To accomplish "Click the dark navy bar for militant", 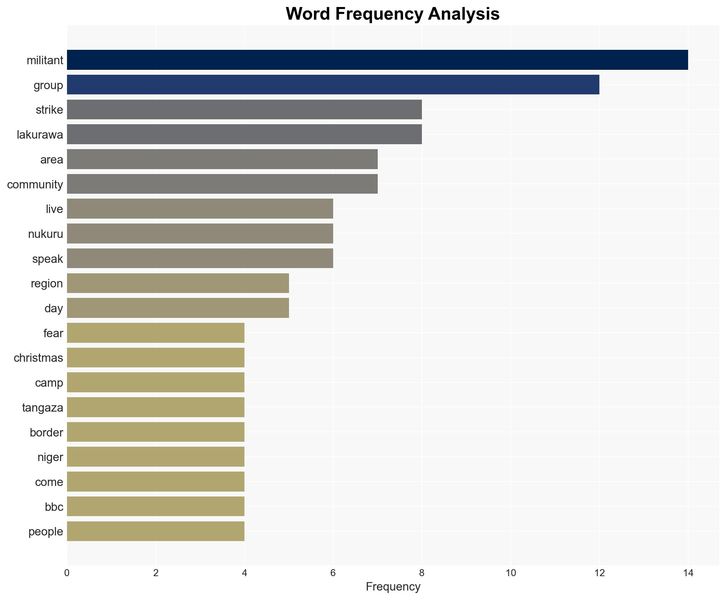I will pos(377,60).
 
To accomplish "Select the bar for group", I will pos(333,85).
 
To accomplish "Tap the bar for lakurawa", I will pos(244,134).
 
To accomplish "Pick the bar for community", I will pos(222,184).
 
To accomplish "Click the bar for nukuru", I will pos(200,234).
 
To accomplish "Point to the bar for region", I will pos(178,283).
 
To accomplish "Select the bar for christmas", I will pos(156,358).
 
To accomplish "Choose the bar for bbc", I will pos(156,506).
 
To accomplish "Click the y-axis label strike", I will pos(49,110).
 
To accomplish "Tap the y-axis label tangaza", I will pos(43,407).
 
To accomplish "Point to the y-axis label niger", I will pos(50,457).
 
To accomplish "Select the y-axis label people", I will pos(46,532).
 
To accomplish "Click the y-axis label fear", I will pos(53,333).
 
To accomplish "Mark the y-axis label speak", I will pos(47,259).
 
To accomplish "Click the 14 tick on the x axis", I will pos(688,573).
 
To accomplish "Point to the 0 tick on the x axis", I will pos(67,573).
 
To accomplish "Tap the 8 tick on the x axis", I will pos(422,573).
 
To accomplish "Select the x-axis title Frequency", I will pos(393,587).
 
